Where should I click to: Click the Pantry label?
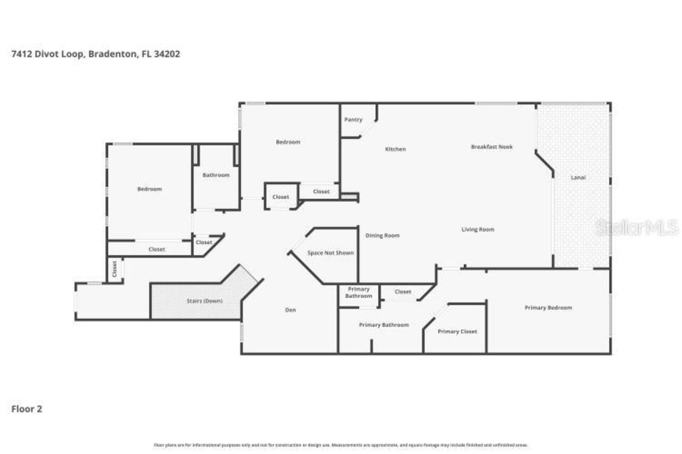pos(353,120)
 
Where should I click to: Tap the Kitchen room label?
pos(395,149)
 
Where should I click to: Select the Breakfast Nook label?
pos(491,146)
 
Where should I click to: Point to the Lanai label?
pos(578,177)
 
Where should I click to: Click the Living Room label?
pos(477,229)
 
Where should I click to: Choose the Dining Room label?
pos(382,235)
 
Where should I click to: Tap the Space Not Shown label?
pos(330,253)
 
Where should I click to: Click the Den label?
pos(290,310)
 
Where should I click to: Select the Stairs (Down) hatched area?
pos(204,301)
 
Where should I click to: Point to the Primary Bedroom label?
pos(548,308)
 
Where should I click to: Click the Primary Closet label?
pos(457,331)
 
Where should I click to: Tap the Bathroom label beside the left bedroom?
pos(216,175)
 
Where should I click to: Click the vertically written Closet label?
pos(115,269)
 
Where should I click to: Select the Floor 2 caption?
pos(27,409)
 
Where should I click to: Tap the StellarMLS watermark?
pos(637,228)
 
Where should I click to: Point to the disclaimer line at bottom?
pos(341,445)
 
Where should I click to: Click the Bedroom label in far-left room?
pos(149,189)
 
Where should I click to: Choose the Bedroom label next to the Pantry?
pos(288,142)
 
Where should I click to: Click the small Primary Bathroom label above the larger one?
pos(359,292)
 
